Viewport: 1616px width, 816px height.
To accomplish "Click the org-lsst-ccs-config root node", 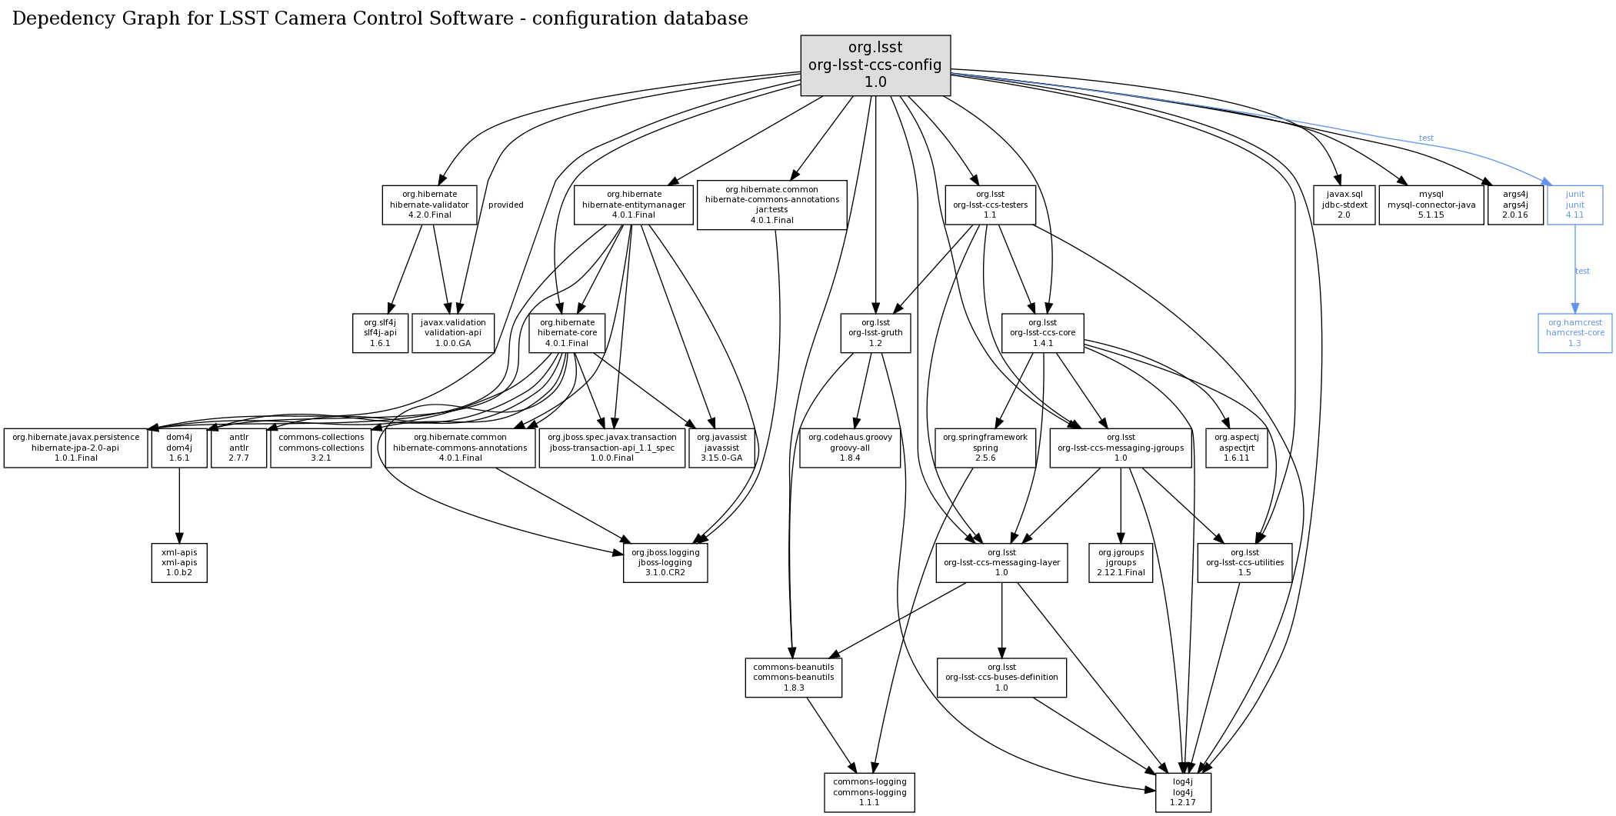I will (x=875, y=65).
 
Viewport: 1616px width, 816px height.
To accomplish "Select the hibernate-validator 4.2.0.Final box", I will (x=429, y=205).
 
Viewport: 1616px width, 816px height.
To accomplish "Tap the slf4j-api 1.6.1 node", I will (x=380, y=333).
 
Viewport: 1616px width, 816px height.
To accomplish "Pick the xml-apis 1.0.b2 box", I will (x=179, y=563).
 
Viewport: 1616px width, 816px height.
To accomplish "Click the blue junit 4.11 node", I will (x=1574, y=205).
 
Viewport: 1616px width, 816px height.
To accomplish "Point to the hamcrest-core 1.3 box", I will (x=1574, y=333).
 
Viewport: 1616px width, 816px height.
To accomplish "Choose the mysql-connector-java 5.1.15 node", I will (x=1431, y=205).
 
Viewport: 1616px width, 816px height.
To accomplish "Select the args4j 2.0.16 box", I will (x=1514, y=205).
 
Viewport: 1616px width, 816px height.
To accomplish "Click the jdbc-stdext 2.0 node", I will (x=1344, y=205).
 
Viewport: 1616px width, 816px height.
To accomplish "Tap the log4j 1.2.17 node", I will (x=1182, y=792).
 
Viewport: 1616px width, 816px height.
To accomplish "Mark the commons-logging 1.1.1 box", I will (x=869, y=792).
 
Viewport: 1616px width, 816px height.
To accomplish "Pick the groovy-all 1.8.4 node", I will (x=849, y=448).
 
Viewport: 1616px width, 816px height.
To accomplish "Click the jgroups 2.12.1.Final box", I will (x=1121, y=563).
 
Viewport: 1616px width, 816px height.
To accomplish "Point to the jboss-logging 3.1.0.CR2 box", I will (x=665, y=563).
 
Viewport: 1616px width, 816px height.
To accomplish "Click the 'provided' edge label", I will (x=505, y=205).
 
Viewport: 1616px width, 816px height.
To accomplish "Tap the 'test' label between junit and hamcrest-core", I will (x=1582, y=271).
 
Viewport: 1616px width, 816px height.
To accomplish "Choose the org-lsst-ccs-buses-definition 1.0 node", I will (x=1001, y=678).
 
